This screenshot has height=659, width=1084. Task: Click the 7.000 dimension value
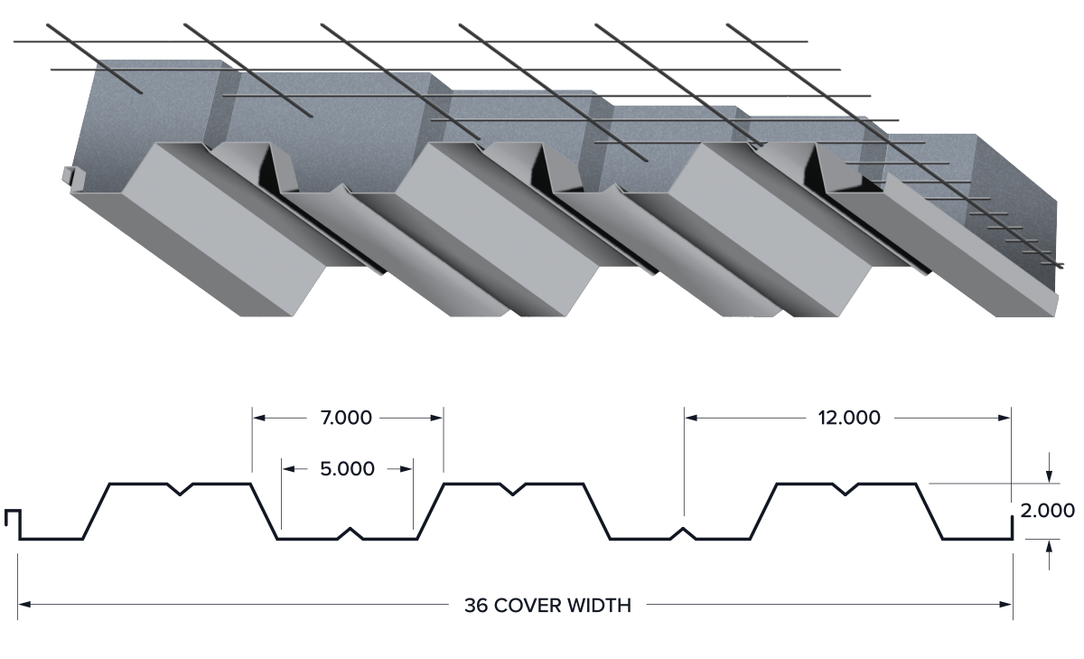click(346, 418)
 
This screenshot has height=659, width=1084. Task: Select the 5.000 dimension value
click(347, 469)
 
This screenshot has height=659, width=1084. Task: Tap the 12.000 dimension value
click(849, 418)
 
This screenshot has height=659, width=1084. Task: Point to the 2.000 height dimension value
click(1047, 511)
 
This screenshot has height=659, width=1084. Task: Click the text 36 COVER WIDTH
click(547, 606)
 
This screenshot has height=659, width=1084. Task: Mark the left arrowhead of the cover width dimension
click(24, 604)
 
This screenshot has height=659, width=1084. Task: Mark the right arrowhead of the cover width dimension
click(1005, 604)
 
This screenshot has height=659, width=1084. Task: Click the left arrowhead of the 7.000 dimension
click(259, 418)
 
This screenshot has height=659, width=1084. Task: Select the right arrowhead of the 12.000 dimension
click(1005, 418)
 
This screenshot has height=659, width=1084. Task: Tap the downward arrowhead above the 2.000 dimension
click(1049, 477)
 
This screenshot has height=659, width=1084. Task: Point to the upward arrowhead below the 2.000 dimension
click(1049, 547)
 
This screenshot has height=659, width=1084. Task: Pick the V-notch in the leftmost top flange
click(180, 489)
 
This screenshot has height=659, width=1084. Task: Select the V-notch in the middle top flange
click(512, 489)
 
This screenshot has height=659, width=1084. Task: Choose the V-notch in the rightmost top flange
click(846, 489)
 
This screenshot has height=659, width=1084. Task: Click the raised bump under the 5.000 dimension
click(350, 533)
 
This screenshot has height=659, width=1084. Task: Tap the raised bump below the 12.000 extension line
click(683, 533)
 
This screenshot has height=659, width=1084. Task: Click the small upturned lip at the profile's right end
click(1012, 528)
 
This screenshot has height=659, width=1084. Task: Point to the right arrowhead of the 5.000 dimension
click(406, 468)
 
